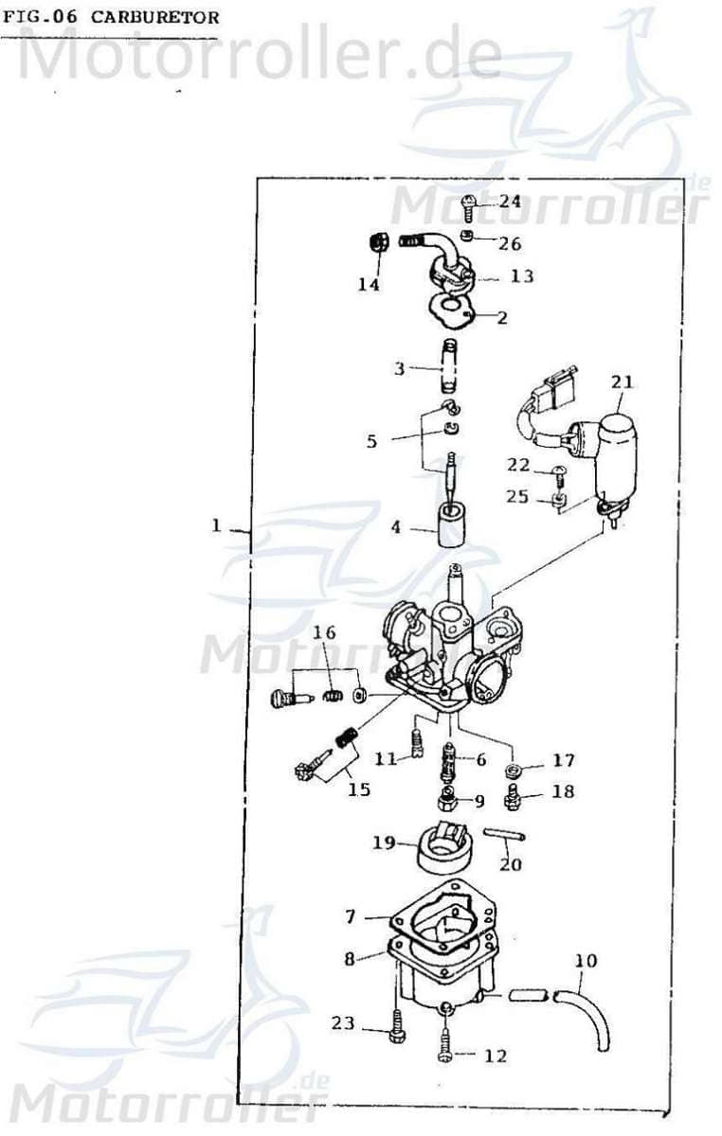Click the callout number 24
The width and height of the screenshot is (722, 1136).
[x=510, y=201]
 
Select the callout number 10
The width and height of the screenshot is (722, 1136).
[x=587, y=961]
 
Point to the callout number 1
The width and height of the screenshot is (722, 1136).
[x=216, y=525]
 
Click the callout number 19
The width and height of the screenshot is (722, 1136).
[x=384, y=841]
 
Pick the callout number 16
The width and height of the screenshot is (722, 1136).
[x=325, y=632]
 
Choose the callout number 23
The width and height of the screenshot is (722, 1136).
[x=342, y=1022]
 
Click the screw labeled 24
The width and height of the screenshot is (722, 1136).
[x=469, y=206]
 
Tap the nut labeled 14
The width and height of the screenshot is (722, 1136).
[x=374, y=242]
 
